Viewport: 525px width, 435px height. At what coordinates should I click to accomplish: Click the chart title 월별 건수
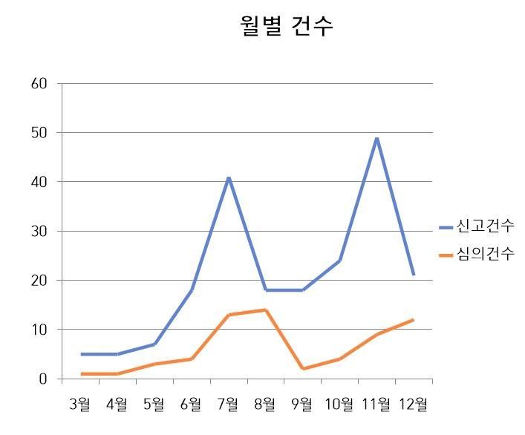tap(287, 26)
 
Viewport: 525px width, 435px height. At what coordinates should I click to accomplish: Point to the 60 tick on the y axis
tap(40, 83)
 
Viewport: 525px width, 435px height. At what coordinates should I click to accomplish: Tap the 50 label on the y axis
tap(40, 132)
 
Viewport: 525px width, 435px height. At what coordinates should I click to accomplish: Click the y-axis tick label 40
tap(40, 181)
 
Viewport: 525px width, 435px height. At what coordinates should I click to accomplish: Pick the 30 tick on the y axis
tap(40, 231)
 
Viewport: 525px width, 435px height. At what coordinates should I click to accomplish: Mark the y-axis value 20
tap(40, 280)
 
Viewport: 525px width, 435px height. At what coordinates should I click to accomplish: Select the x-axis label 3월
tap(80, 405)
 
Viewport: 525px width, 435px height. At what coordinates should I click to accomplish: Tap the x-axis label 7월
tap(228, 405)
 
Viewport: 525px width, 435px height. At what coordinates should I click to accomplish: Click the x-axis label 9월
tap(302, 405)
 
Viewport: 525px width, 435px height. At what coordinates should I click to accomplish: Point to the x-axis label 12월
tap(413, 405)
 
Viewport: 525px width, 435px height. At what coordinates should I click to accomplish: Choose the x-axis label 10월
tap(339, 405)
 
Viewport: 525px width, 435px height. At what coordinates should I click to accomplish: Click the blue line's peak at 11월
tap(376, 138)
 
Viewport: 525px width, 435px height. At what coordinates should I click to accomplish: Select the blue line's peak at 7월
tap(229, 177)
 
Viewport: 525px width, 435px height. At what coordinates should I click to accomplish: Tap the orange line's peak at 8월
tap(265, 310)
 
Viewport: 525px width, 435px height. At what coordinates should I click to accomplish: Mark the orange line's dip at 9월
tap(302, 369)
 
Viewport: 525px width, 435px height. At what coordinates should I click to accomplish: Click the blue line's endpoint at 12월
tap(414, 275)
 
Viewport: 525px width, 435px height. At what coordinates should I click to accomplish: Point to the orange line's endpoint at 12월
tap(414, 320)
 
